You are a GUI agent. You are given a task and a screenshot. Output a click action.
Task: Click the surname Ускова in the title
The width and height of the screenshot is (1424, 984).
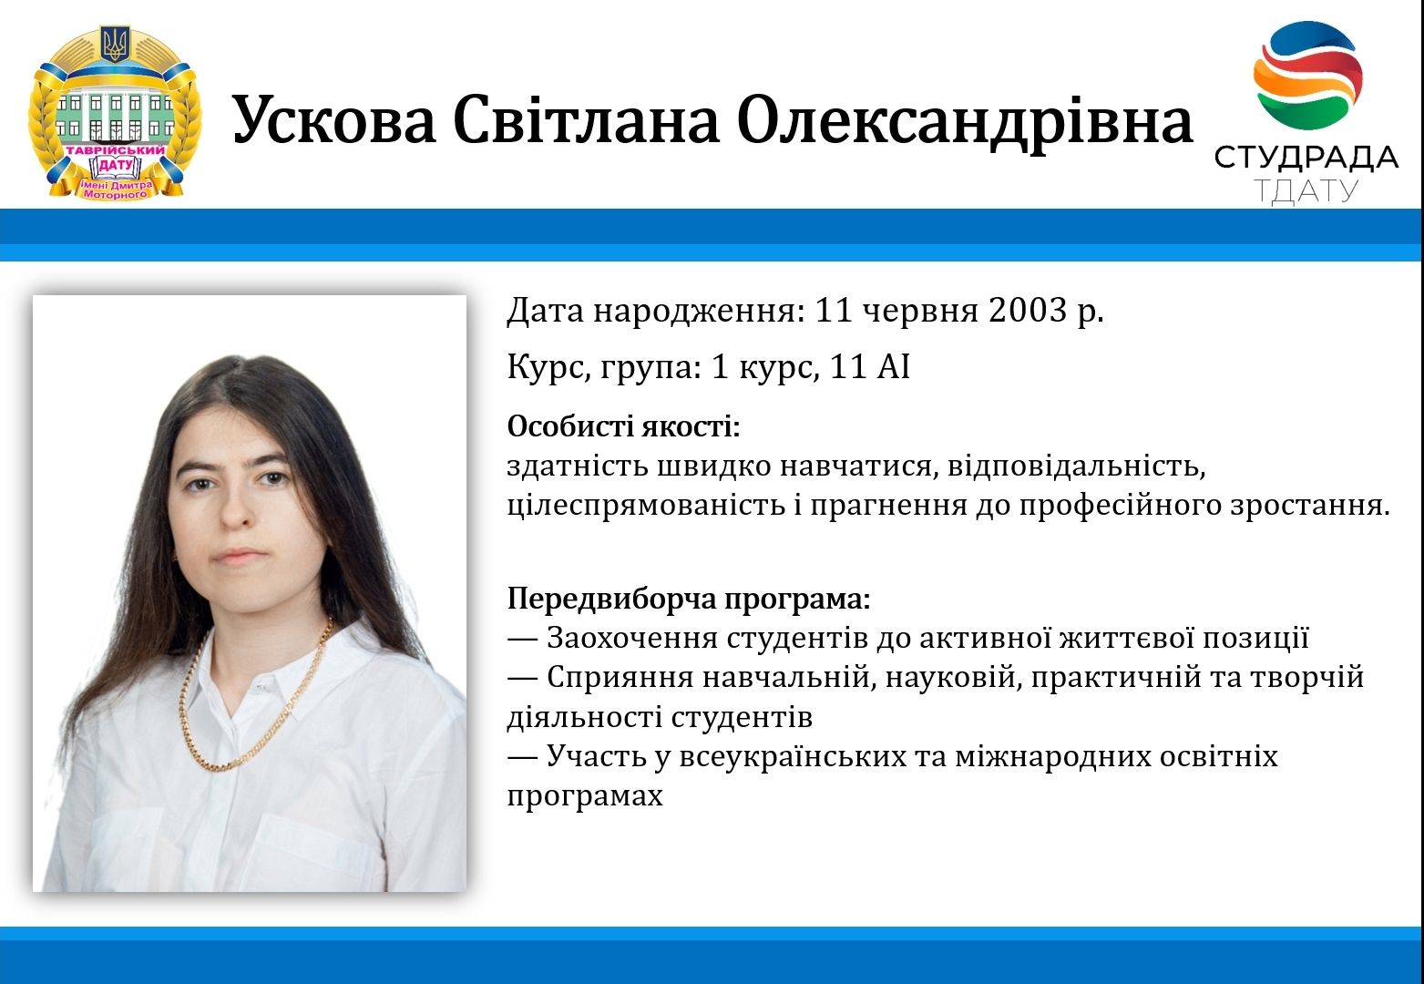tap(334, 119)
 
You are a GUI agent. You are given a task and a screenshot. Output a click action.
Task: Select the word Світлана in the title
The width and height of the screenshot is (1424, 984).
tap(586, 119)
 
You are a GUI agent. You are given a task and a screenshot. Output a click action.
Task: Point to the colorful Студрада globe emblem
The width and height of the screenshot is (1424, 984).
tap(1307, 75)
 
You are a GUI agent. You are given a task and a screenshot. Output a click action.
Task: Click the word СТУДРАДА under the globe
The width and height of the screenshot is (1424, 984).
tap(1306, 158)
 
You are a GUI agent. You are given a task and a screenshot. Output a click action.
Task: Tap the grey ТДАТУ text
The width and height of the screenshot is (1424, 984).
tap(1306, 191)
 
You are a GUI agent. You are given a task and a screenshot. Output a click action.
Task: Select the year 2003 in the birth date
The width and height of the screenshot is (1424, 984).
tap(1028, 310)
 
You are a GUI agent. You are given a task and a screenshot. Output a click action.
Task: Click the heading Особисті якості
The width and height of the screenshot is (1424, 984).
tap(624, 425)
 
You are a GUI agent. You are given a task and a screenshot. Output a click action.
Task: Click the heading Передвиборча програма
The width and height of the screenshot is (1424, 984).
tap(689, 599)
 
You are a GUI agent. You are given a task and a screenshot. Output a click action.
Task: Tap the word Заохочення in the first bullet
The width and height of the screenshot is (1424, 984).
tap(632, 638)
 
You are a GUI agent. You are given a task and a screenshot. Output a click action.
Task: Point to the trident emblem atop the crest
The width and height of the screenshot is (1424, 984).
tap(116, 44)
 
